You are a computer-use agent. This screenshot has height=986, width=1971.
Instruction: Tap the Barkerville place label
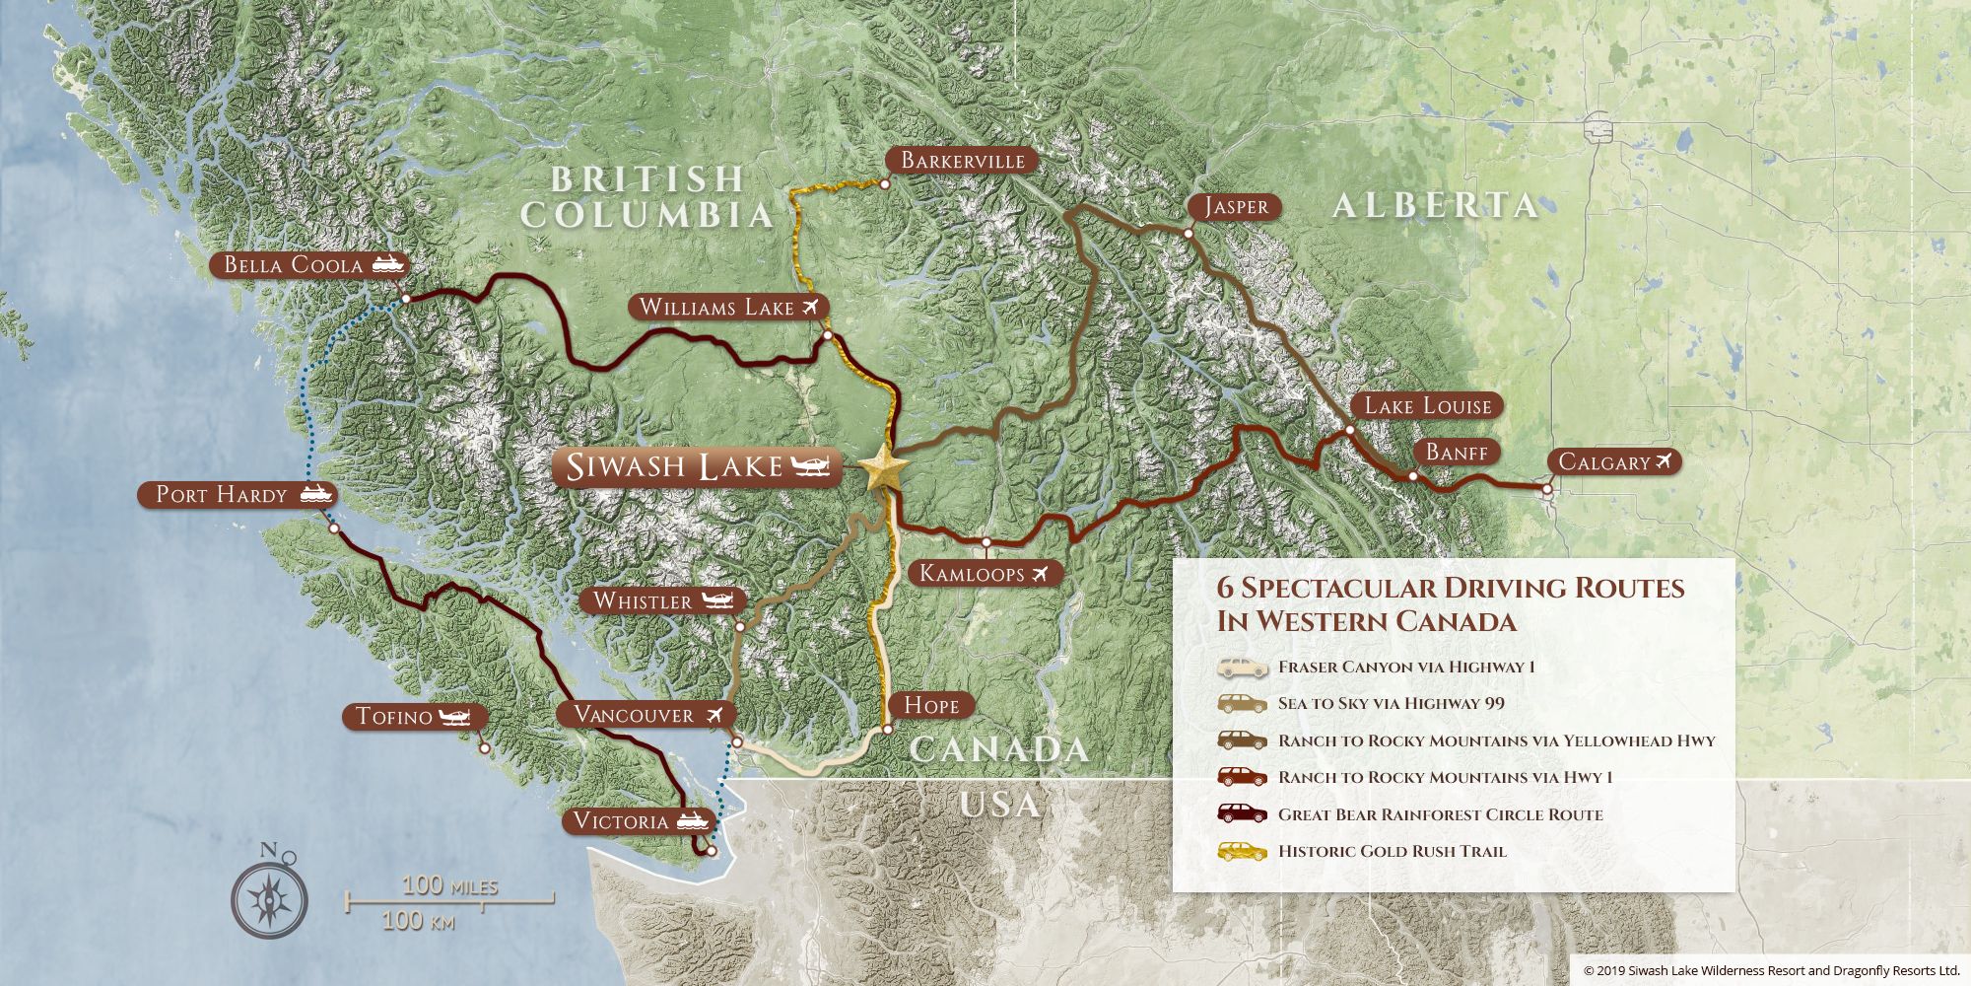pyautogui.click(x=962, y=161)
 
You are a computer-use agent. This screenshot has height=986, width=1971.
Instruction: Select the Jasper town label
pyautogui.click(x=1236, y=206)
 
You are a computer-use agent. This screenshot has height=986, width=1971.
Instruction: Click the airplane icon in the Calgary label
pyautogui.click(x=1665, y=461)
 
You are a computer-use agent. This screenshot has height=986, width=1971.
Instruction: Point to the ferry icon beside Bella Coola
pyautogui.click(x=387, y=264)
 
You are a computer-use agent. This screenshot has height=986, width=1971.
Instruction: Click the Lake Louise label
pyautogui.click(x=1427, y=405)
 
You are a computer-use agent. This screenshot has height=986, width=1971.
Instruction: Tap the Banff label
pyautogui.click(x=1457, y=453)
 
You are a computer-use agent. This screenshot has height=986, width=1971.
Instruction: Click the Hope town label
pyautogui.click(x=930, y=705)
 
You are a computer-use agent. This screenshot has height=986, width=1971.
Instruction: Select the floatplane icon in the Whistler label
pyautogui.click(x=718, y=600)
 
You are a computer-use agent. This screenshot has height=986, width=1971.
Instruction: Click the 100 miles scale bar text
pyautogui.click(x=449, y=885)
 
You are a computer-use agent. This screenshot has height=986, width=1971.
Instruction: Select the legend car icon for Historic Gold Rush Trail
pyautogui.click(x=1242, y=851)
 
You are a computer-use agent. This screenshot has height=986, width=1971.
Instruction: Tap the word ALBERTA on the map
pyautogui.click(x=1435, y=205)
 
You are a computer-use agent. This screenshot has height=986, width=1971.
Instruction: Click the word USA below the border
pyautogui.click(x=999, y=804)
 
